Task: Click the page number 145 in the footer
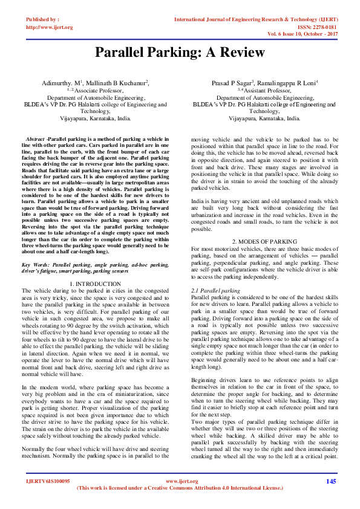(x=330, y=481)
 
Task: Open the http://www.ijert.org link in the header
(x=49, y=27)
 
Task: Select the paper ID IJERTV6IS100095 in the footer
(x=47, y=481)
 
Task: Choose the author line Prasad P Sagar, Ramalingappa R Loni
(x=266, y=82)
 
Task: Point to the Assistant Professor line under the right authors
(x=266, y=89)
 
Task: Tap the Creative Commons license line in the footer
(x=180, y=488)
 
